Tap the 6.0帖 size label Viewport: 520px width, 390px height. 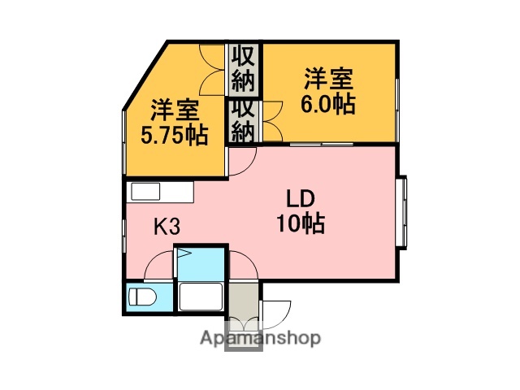tap(329, 104)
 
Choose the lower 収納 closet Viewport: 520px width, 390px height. tap(243, 120)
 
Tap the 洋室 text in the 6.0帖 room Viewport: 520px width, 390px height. tap(329, 80)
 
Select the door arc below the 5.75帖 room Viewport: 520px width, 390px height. tap(240, 164)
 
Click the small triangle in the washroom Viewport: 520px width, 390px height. tap(184, 255)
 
